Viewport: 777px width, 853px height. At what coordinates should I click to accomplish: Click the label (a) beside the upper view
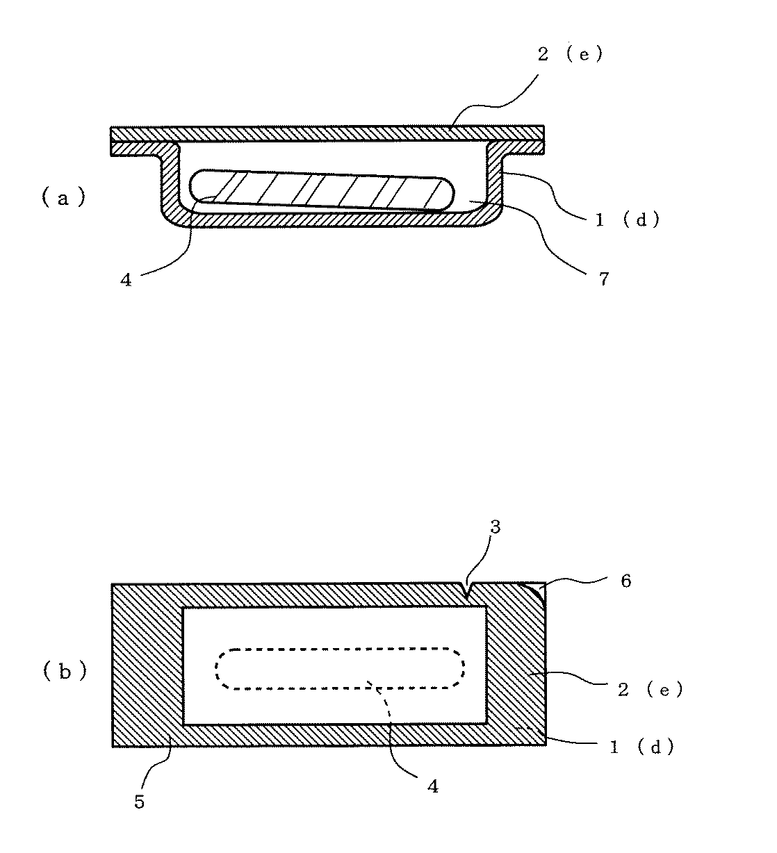click(63, 199)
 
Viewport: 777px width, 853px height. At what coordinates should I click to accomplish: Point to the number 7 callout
click(603, 279)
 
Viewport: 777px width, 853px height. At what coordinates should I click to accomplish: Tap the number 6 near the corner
click(625, 581)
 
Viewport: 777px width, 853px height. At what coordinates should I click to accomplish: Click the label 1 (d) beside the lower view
click(641, 747)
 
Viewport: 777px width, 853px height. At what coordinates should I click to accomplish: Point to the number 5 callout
click(139, 803)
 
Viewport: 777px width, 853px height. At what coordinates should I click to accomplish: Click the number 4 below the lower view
click(433, 787)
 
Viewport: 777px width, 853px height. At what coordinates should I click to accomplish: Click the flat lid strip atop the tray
click(327, 133)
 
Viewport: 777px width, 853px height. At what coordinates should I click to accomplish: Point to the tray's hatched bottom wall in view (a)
click(327, 220)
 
